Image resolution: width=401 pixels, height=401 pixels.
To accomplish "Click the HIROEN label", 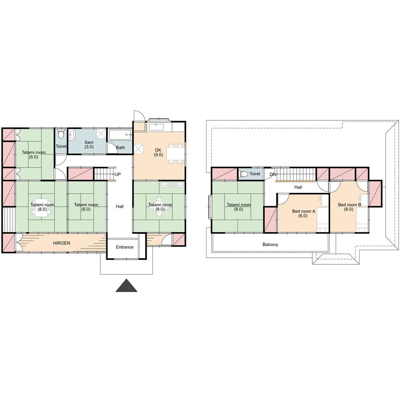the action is pyautogui.click(x=61, y=243).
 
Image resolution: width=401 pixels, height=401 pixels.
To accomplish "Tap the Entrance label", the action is pyautogui.click(x=125, y=247).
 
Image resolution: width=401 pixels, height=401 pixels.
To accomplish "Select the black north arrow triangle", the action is pyautogui.click(x=126, y=286).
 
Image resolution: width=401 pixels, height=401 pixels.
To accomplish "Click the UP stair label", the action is pyautogui.click(x=117, y=174).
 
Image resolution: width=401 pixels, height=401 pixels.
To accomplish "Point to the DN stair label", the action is pyautogui.click(x=273, y=174).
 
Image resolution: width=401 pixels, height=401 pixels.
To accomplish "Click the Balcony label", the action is pyautogui.click(x=270, y=245).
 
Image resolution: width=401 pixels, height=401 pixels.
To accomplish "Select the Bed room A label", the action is pyautogui.click(x=304, y=214).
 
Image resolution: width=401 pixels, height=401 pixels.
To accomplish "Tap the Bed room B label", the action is pyautogui.click(x=349, y=207).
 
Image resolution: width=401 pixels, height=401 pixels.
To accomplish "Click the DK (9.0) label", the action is pyautogui.click(x=158, y=152).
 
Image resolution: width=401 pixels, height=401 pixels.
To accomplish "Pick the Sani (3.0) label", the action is pyautogui.click(x=89, y=144).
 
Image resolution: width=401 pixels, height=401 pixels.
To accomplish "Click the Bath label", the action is pyautogui.click(x=120, y=148).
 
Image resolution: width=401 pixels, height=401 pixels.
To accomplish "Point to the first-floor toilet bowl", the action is pyautogui.click(x=61, y=134).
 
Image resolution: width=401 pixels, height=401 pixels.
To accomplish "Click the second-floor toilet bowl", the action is pyautogui.click(x=243, y=174).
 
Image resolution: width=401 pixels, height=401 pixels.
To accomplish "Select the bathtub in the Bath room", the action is pyautogui.click(x=120, y=134).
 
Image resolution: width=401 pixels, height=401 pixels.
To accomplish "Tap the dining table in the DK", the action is pyautogui.click(x=176, y=154).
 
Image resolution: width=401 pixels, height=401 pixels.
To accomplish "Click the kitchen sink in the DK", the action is pyautogui.click(x=156, y=127).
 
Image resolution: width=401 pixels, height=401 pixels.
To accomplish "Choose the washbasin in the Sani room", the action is pyautogui.click(x=72, y=135).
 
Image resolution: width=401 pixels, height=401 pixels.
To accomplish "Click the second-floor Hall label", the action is pyautogui.click(x=298, y=187).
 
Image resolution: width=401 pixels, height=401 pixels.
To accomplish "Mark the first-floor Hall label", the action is pyautogui.click(x=119, y=207).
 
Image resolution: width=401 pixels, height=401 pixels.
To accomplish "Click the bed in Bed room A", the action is pyautogui.click(x=323, y=219).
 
